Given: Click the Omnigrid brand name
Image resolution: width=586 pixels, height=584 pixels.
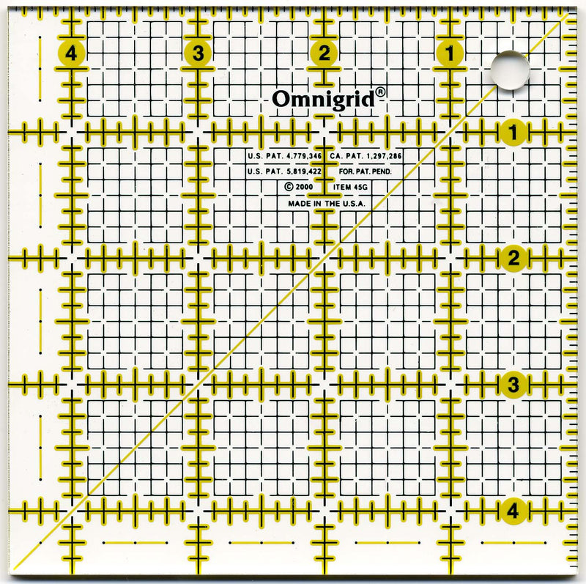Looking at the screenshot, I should tap(326, 98).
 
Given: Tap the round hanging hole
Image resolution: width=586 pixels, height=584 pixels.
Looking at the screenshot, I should tap(510, 70).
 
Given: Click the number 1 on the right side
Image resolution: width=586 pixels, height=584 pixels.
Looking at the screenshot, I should tap(512, 132).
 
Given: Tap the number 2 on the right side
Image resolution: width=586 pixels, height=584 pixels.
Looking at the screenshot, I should tap(513, 258).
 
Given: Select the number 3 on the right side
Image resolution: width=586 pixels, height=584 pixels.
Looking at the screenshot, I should tap(513, 384).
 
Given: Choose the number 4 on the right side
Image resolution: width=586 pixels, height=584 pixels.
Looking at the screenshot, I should tap(513, 511).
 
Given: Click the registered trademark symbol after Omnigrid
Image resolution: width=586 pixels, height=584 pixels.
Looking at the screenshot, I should tap(382, 93).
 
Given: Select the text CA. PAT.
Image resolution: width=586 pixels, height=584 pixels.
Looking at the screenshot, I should tap(344, 156).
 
